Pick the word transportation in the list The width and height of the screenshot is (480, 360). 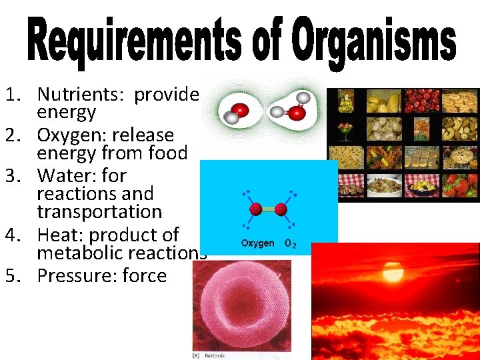[99, 212]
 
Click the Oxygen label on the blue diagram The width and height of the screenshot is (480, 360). [257, 243]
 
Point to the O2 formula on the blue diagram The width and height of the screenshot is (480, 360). [291, 243]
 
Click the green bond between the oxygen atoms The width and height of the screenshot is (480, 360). [269, 209]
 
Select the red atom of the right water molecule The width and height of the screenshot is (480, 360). [297, 113]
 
